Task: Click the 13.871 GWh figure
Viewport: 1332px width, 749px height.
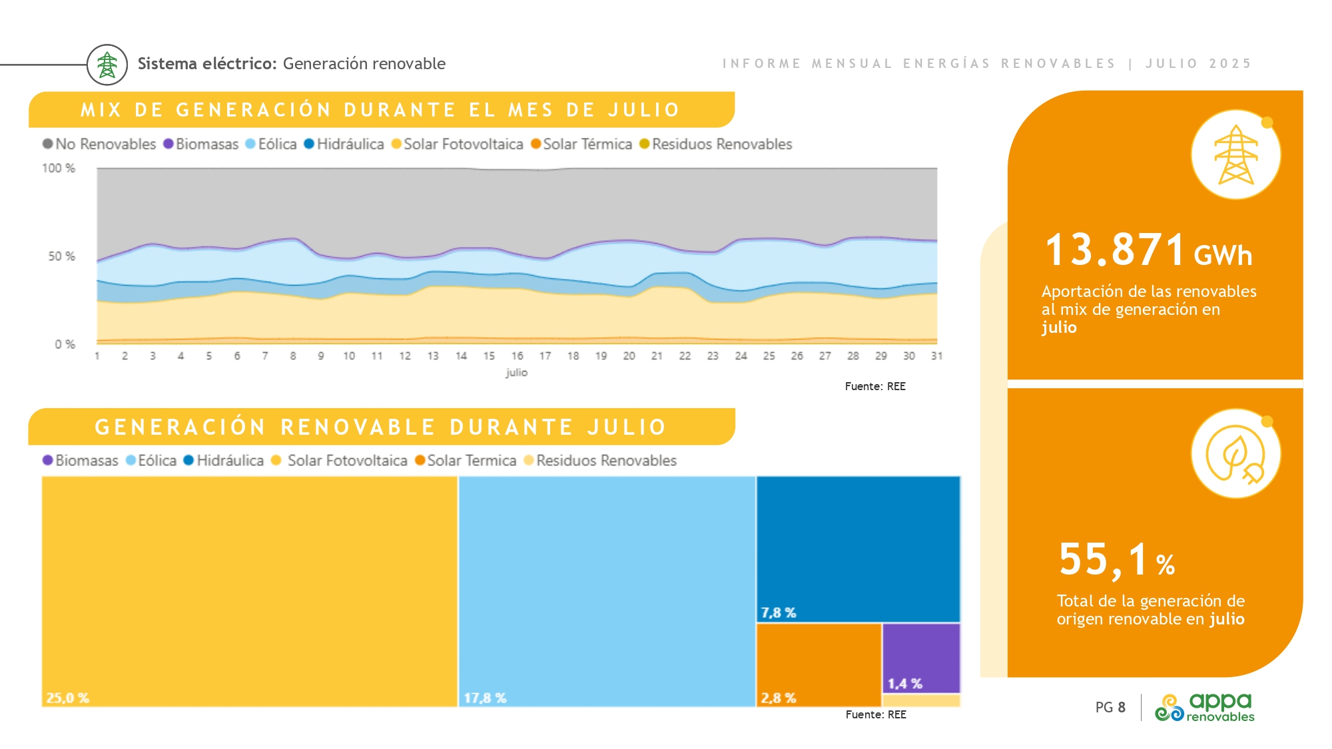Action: pos(1148,250)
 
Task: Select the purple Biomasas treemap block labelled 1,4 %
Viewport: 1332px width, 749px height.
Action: pos(921,658)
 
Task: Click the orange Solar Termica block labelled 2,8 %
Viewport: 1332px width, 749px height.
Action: pos(819,664)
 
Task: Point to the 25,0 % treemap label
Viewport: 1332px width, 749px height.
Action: pos(67,698)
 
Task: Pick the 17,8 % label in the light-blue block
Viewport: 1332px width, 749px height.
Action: pos(485,698)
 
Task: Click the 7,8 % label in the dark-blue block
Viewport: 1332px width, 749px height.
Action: pos(779,613)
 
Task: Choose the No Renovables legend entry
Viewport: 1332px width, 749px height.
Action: pos(99,144)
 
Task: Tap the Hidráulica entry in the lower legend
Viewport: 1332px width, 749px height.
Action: pos(224,461)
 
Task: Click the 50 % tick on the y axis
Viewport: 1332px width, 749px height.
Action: pos(61,256)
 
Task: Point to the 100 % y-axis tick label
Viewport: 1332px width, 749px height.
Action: pos(59,168)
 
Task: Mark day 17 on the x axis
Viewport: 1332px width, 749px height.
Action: pos(545,356)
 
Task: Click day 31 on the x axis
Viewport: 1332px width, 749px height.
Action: pos(936,356)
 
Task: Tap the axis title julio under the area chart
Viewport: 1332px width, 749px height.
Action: pos(516,372)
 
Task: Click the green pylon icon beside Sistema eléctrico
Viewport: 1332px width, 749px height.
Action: pos(107,65)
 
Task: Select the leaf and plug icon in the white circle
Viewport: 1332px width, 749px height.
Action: pos(1235,454)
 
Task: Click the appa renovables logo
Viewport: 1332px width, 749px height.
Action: pos(1205,707)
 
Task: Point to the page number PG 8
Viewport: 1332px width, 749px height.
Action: pos(1110,707)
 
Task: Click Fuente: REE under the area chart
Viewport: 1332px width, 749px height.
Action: pos(875,386)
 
